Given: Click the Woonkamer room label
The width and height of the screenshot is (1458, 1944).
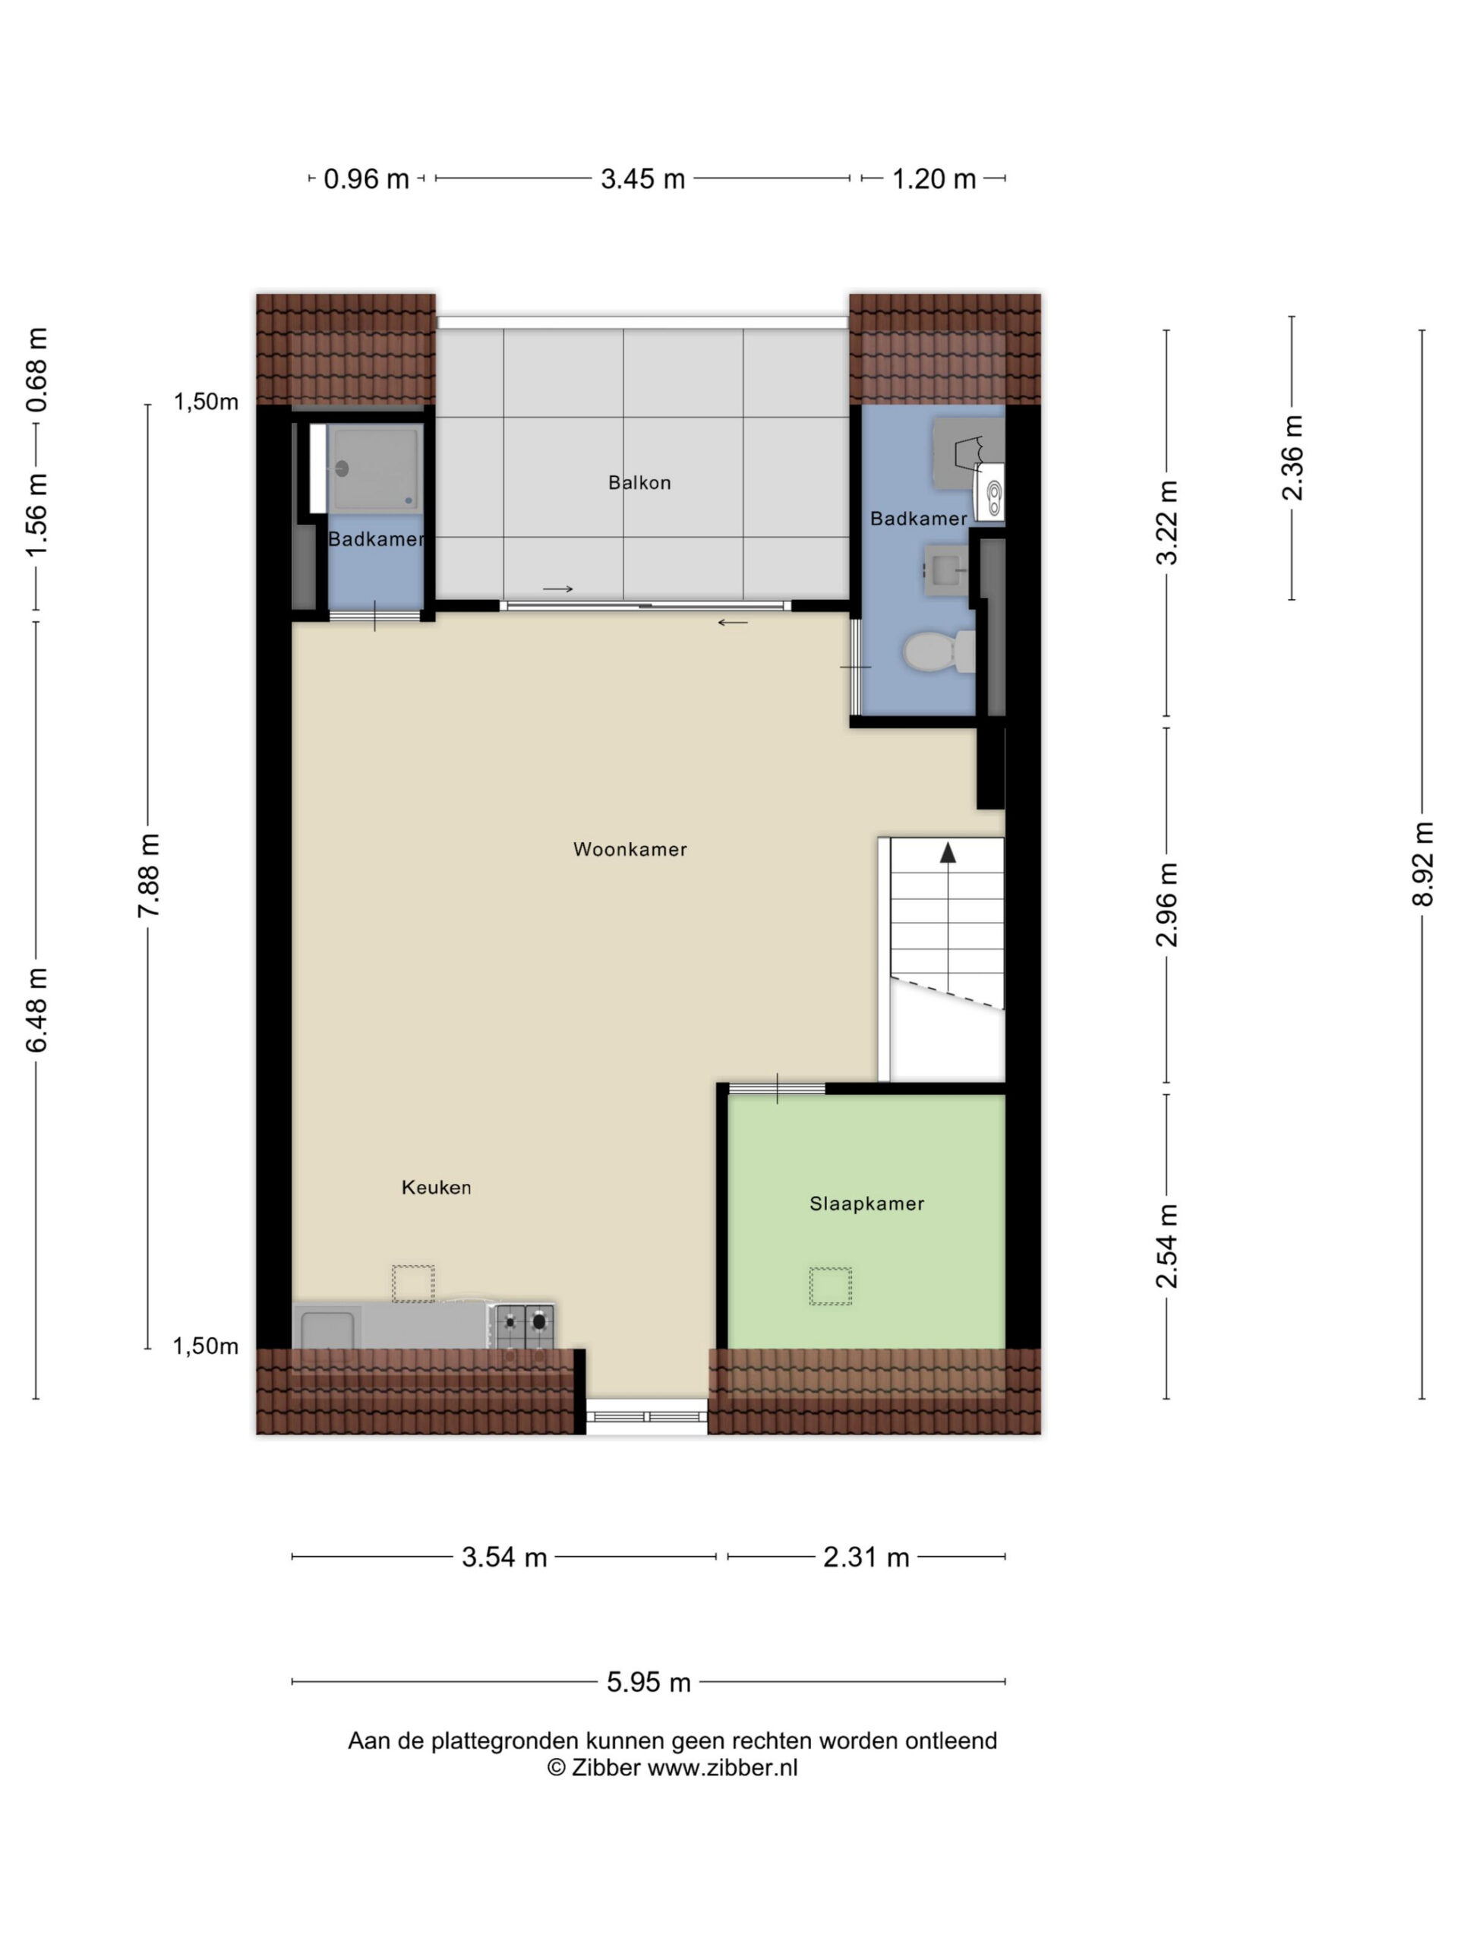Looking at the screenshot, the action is (x=630, y=849).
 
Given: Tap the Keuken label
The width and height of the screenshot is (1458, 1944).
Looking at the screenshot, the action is (x=436, y=1188).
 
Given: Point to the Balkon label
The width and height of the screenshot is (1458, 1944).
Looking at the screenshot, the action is (x=639, y=482).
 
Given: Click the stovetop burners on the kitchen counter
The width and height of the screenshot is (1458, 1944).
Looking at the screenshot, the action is (x=525, y=1326).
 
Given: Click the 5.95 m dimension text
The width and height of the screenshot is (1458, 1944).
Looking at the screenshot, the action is (x=649, y=1682).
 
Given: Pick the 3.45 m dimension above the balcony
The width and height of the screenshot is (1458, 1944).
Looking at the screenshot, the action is (x=642, y=179).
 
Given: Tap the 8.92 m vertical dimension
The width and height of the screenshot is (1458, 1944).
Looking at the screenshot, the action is (x=1423, y=864).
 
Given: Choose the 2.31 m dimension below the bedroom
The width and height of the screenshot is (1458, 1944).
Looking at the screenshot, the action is (x=866, y=1557).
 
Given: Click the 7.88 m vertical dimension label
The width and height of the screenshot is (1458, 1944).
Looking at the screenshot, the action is (x=149, y=876).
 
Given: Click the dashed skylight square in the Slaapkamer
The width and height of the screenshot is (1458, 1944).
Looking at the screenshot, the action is (x=831, y=1286).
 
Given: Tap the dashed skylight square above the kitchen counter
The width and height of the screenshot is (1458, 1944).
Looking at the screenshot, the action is (x=413, y=1283).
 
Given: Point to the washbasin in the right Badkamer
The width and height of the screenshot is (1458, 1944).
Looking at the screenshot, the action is (x=946, y=570).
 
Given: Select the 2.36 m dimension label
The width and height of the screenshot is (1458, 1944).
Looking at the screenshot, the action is (x=1292, y=457).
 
